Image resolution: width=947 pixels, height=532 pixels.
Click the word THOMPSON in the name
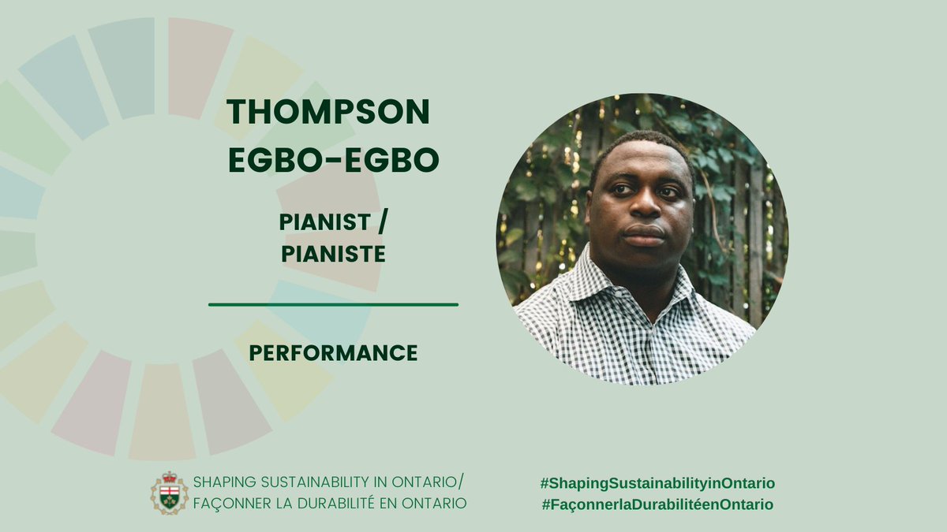point(328,113)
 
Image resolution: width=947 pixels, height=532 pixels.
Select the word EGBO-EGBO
point(333,160)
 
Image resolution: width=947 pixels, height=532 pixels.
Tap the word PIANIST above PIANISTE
point(324,223)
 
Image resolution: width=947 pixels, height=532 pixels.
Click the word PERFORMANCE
point(333,353)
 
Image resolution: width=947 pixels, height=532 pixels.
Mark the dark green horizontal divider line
point(333,304)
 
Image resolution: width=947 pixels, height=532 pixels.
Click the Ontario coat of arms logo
point(170,493)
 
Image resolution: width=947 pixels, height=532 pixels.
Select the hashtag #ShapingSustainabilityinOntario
point(657,483)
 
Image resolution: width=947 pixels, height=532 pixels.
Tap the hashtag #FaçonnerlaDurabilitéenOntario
point(657,504)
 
